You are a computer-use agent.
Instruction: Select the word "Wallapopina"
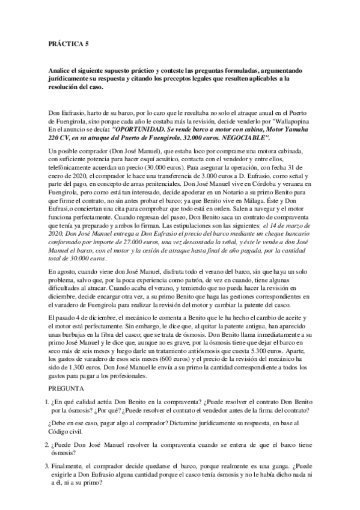tap(290, 121)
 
